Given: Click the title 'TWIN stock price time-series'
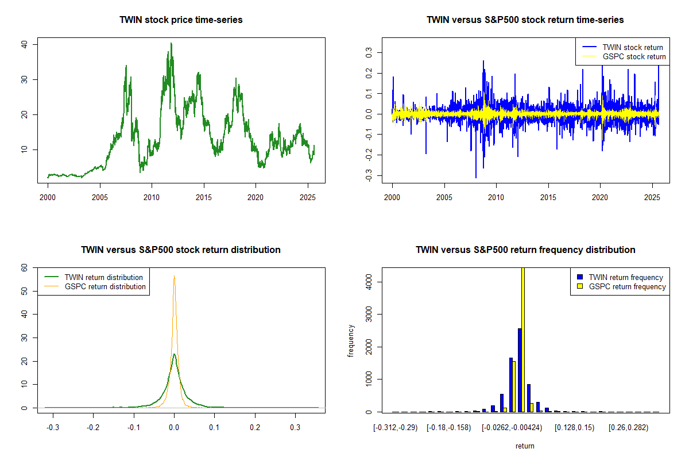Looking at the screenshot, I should click(x=181, y=20).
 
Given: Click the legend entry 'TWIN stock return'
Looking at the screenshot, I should click(x=632, y=47).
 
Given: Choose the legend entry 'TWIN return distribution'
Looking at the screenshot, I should click(x=104, y=277).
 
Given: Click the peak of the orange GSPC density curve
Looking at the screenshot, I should click(x=174, y=276).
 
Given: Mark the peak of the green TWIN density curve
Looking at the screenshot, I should click(x=174, y=354).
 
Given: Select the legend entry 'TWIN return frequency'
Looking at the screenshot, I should click(x=626, y=277).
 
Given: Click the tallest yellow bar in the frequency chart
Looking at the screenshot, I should click(x=522, y=339).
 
